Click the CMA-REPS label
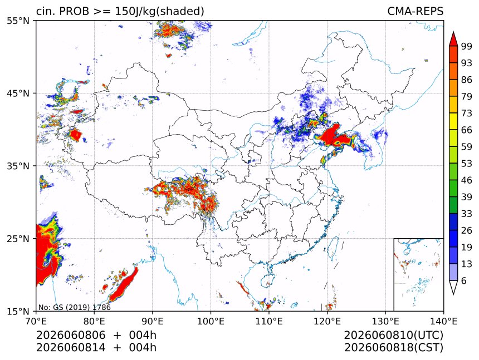coord(415,11)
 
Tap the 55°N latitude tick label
coord(18,21)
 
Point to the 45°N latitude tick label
coord(18,93)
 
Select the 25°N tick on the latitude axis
coord(18,239)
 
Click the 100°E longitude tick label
coord(211,321)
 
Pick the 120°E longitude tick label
coord(327,321)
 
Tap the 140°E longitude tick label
coord(443,321)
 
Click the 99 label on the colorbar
coord(467,46)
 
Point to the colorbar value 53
coord(467,164)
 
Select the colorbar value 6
coord(464,280)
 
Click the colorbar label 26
coord(467,230)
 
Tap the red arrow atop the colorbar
coord(453,39)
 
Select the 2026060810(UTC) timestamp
coord(393,335)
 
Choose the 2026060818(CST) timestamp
coord(393,348)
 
